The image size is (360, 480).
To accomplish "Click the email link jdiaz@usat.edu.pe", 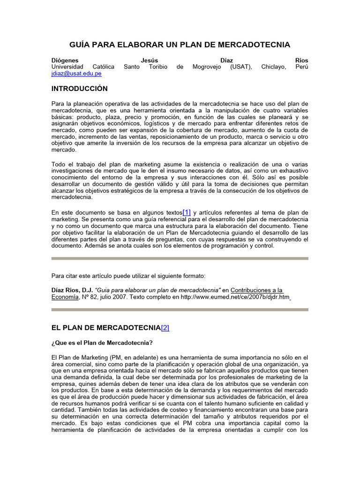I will [76, 74].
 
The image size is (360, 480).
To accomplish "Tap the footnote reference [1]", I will [187, 212].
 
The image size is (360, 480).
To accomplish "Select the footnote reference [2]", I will [165, 328].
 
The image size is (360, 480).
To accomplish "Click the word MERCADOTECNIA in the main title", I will [254, 45].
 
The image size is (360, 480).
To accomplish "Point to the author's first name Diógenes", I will [65, 60].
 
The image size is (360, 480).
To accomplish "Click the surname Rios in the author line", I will [302, 60].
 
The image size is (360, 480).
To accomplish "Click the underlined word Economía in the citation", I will [65, 297].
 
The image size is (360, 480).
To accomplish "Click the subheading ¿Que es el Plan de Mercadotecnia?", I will [102, 342].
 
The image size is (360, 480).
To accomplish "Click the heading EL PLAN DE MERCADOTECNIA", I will [106, 328].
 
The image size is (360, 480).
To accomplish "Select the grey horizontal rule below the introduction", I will [180, 258].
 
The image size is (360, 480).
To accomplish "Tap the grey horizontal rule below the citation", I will [180, 309].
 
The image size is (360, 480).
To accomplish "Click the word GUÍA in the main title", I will [81, 45].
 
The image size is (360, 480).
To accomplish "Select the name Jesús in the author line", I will [150, 60].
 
